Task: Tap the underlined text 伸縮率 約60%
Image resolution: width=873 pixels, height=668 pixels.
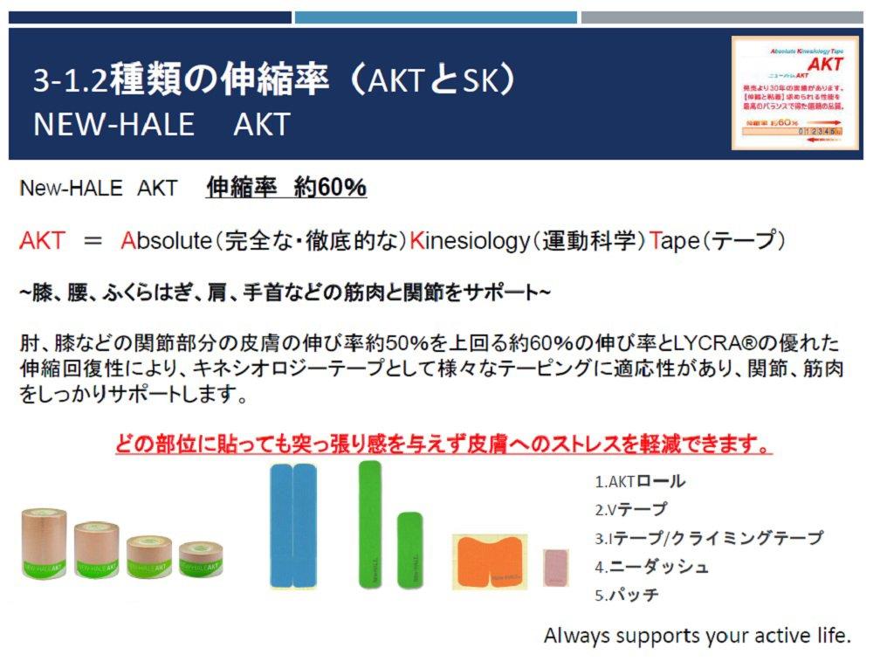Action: [286, 188]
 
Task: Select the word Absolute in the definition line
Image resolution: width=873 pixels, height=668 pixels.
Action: [165, 240]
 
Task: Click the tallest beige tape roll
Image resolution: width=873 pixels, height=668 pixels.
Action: [44, 543]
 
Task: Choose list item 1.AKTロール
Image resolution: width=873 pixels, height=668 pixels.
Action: [640, 481]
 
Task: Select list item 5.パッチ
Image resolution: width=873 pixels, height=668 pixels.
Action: [626, 595]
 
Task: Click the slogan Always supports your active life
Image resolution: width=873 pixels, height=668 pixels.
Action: [697, 635]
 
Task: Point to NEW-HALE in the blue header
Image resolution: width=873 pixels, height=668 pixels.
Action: [113, 123]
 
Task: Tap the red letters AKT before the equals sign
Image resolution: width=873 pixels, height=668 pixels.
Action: [43, 240]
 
